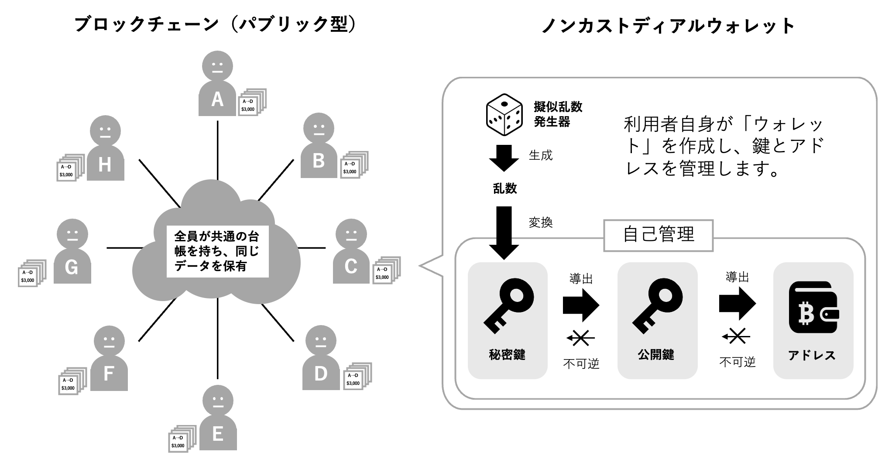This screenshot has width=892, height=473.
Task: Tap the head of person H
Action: click(x=105, y=130)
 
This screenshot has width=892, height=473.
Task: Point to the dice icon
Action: click(x=504, y=115)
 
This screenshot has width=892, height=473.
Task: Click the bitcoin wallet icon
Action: click(x=813, y=307)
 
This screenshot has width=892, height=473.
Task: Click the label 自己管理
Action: click(x=658, y=235)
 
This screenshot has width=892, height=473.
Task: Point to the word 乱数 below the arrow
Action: click(x=505, y=189)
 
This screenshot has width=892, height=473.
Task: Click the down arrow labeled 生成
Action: click(x=504, y=158)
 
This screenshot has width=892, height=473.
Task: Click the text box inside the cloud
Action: click(x=217, y=251)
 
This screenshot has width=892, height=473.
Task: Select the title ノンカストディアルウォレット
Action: click(x=668, y=26)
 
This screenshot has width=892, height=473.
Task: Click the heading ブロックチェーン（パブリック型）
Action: click(x=216, y=24)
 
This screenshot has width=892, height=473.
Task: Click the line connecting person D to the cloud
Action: click(x=278, y=322)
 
